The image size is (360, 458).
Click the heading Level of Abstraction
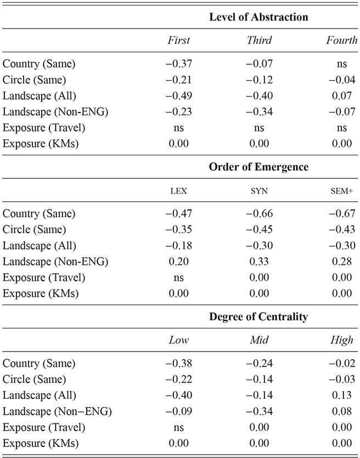258,17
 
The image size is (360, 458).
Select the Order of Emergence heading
258,167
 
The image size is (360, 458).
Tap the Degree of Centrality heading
258,316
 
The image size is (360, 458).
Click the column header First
178,41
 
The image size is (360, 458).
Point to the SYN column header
260,190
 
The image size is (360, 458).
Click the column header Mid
260,340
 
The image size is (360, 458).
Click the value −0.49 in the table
178,95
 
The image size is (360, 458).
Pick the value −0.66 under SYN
260,213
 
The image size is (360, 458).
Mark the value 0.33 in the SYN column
260,262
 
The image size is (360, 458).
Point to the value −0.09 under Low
178,411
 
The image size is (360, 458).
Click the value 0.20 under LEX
178,262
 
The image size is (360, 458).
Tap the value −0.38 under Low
178,363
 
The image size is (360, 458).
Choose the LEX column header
178,190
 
